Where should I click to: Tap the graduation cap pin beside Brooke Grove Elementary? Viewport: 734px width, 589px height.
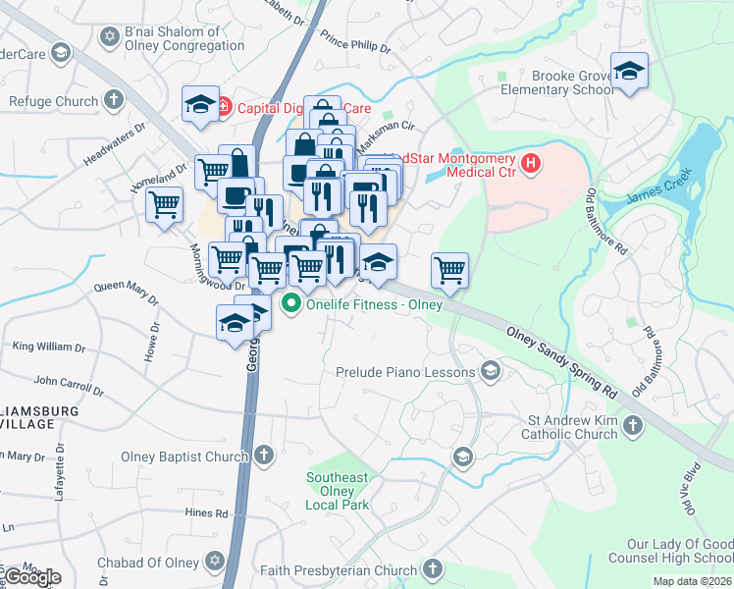click(x=629, y=72)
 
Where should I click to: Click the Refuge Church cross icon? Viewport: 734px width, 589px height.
click(x=114, y=100)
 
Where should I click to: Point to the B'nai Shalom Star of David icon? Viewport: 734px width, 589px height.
click(x=109, y=37)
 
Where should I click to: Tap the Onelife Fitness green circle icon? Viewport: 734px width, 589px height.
click(x=290, y=304)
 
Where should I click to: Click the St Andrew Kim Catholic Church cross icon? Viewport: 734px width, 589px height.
click(x=633, y=425)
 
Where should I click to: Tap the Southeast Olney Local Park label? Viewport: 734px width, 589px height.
click(x=337, y=491)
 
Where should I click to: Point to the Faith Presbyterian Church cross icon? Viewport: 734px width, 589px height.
click(x=433, y=569)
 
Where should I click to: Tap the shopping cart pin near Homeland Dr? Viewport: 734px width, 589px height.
click(x=164, y=204)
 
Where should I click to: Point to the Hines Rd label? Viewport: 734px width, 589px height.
click(x=207, y=512)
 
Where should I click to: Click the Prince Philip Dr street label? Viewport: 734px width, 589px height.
click(x=355, y=45)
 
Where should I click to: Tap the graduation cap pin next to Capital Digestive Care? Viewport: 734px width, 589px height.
click(x=201, y=104)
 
